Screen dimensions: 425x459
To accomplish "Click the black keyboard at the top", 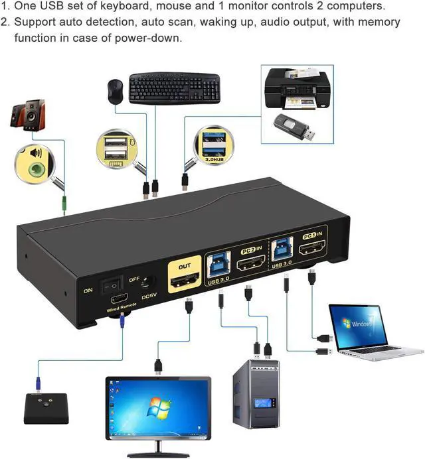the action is [174, 87].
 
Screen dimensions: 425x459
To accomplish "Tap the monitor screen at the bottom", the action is [157, 407].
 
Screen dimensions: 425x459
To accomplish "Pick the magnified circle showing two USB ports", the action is [116, 151].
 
